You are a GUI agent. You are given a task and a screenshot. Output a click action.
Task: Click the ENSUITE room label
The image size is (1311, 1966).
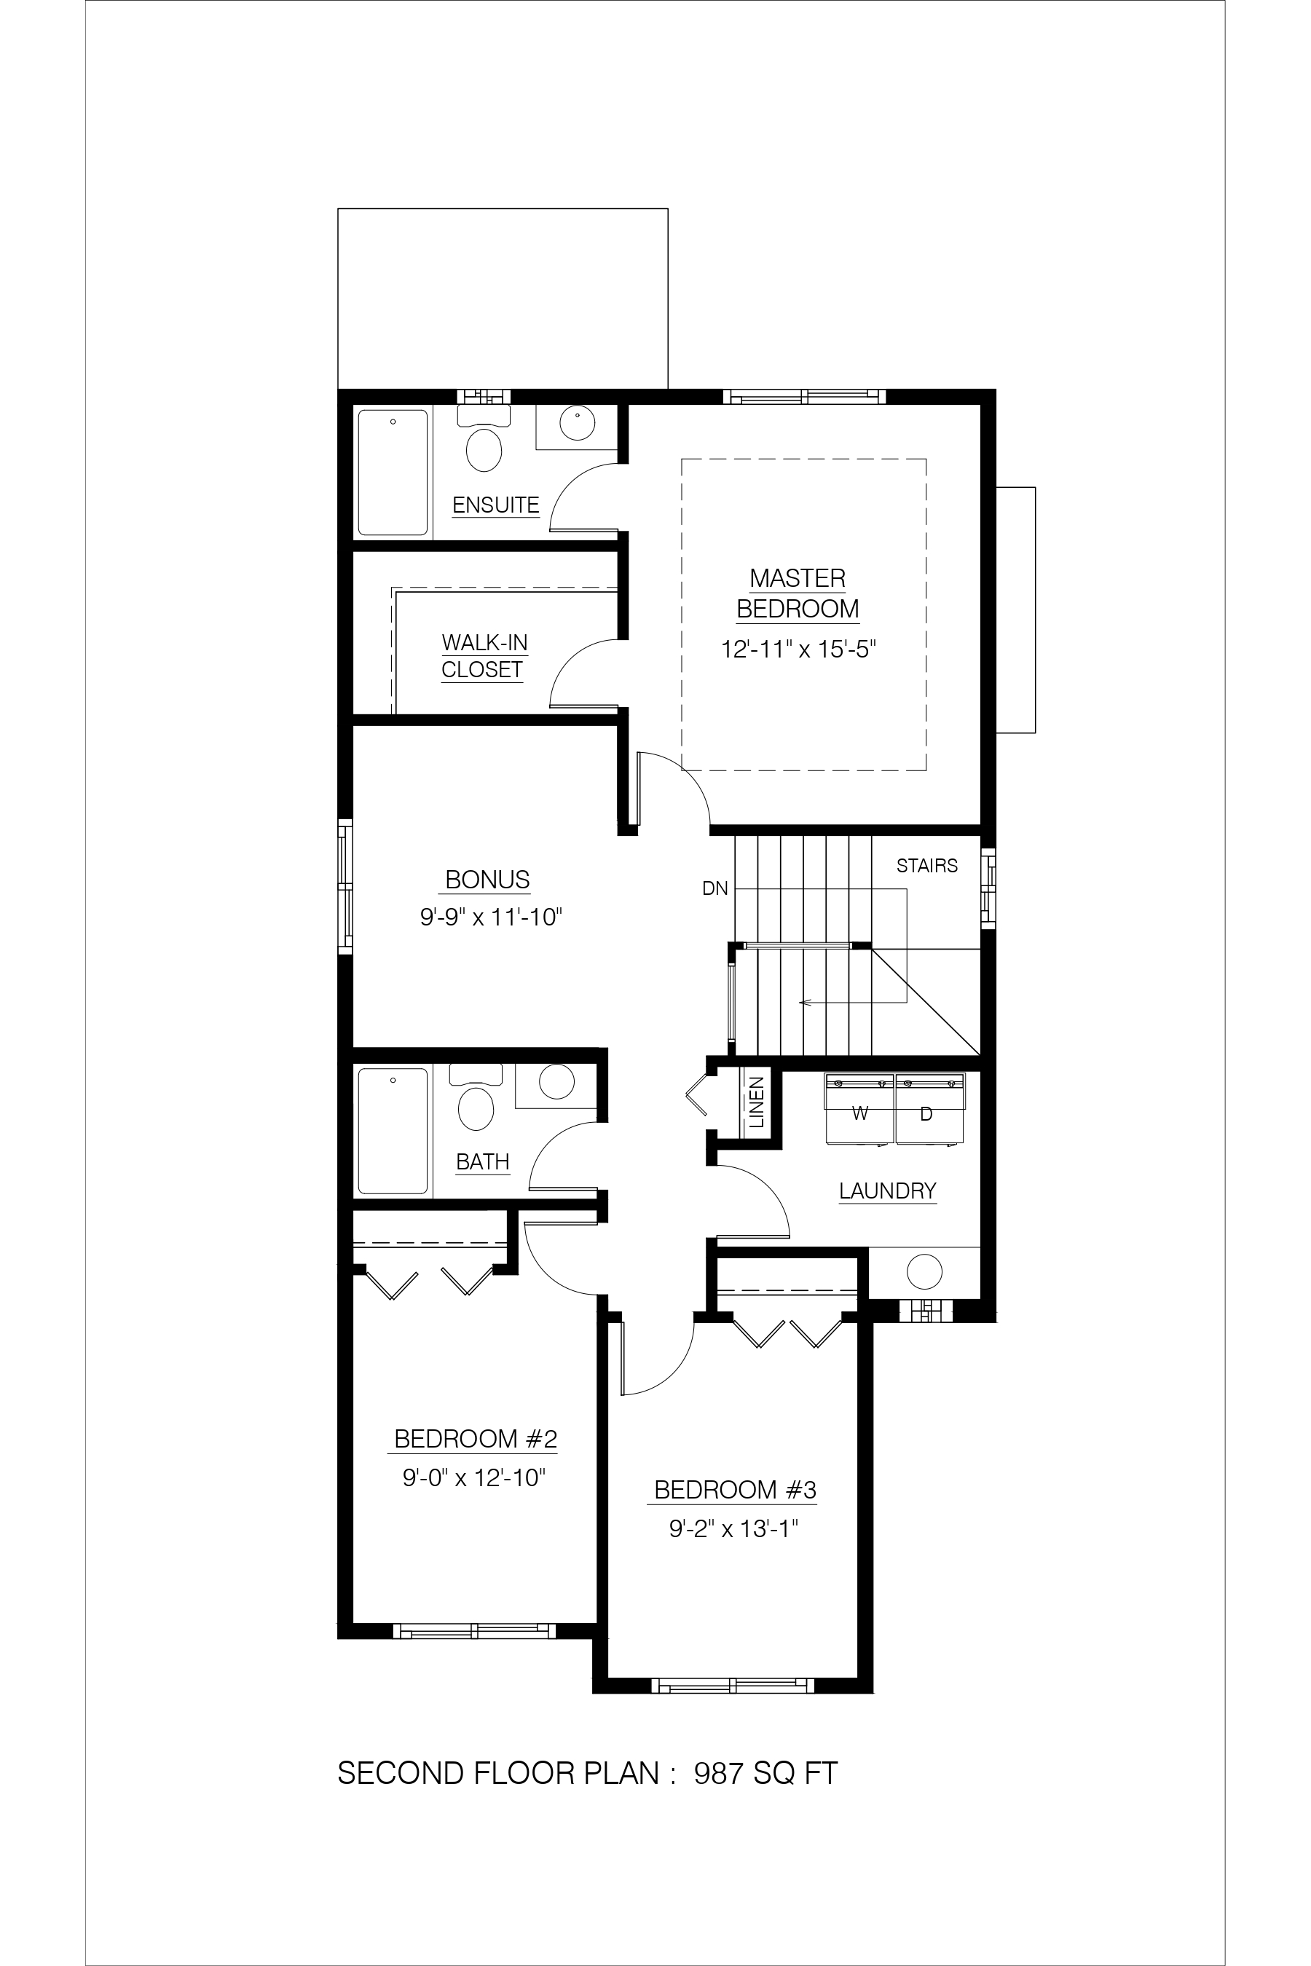pyautogui.click(x=496, y=505)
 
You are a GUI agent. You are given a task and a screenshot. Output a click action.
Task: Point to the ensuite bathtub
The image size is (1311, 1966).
pyautogui.click(x=393, y=473)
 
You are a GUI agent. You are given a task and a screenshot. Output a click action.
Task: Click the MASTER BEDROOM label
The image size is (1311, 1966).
pyautogui.click(x=798, y=593)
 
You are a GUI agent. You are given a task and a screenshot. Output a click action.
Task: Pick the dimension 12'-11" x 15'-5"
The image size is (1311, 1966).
pyautogui.click(x=798, y=650)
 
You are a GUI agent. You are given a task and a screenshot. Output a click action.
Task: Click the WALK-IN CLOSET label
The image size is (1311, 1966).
pyautogui.click(x=484, y=656)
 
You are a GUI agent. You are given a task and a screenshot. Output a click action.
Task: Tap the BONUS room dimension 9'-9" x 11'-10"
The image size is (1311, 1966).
pyautogui.click(x=491, y=917)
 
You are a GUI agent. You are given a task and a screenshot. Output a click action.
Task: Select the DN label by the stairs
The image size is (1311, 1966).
pyautogui.click(x=715, y=888)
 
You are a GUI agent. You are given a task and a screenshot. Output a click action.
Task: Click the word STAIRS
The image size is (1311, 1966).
pyautogui.click(x=927, y=866)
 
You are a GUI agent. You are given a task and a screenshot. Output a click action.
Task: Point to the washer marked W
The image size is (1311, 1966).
pyautogui.click(x=860, y=1108)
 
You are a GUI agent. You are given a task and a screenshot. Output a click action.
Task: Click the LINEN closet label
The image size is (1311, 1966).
pyautogui.click(x=757, y=1102)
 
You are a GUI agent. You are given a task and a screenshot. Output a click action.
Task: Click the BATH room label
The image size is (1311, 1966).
pyautogui.click(x=484, y=1162)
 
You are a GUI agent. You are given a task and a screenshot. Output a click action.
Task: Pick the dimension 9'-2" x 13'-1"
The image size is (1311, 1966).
pyautogui.click(x=734, y=1529)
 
